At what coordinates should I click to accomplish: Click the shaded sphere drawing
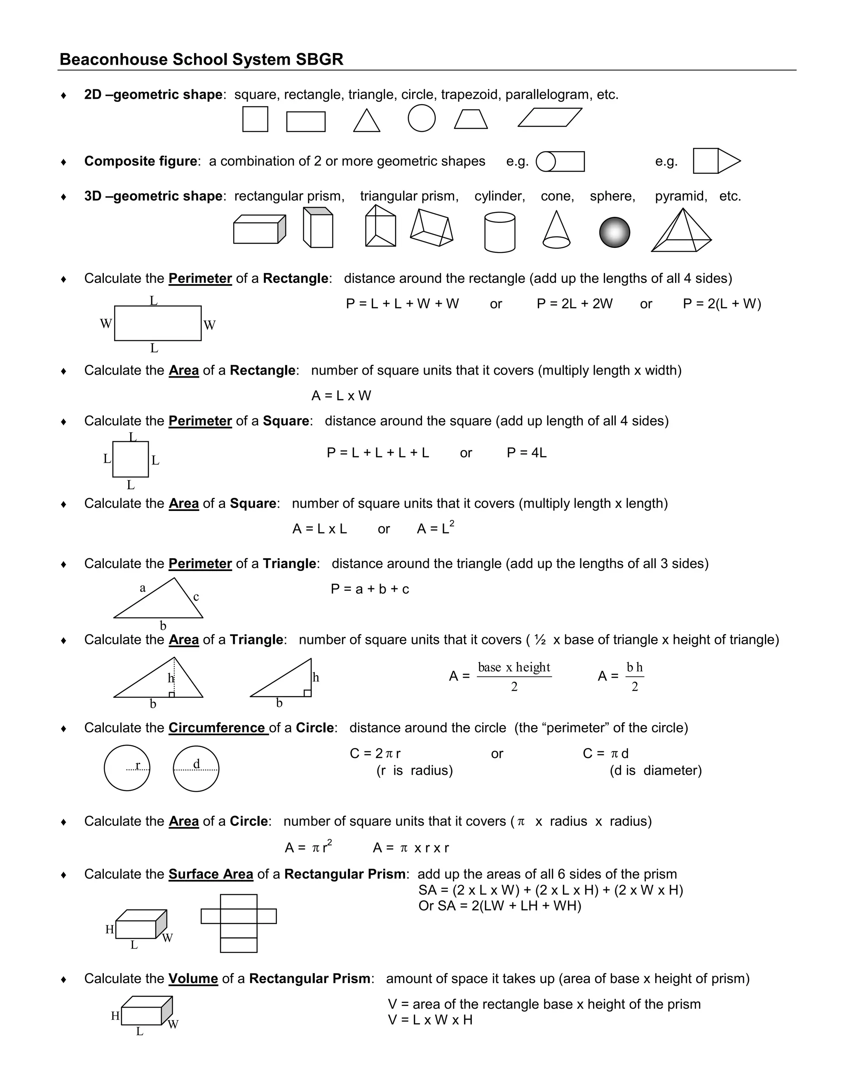[614, 232]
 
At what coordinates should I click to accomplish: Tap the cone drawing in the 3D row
[556, 231]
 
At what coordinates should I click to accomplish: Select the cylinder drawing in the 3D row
[499, 232]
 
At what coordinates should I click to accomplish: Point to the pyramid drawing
[681, 232]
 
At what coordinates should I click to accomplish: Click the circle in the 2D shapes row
[422, 119]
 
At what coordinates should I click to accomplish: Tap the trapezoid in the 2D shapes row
[471, 119]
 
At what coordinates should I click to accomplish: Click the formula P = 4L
[527, 452]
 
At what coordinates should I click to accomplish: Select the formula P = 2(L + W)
[722, 304]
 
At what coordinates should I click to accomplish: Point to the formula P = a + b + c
[370, 589]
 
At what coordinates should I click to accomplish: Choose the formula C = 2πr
[375, 753]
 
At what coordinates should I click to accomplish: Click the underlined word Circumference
[218, 728]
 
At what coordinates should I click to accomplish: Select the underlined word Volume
[193, 979]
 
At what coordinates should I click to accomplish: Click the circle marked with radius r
[127, 768]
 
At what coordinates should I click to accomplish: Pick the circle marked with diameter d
[196, 768]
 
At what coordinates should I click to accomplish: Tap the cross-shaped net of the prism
[239, 923]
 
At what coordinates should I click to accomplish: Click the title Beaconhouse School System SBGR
[202, 59]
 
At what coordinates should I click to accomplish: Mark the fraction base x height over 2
[513, 676]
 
